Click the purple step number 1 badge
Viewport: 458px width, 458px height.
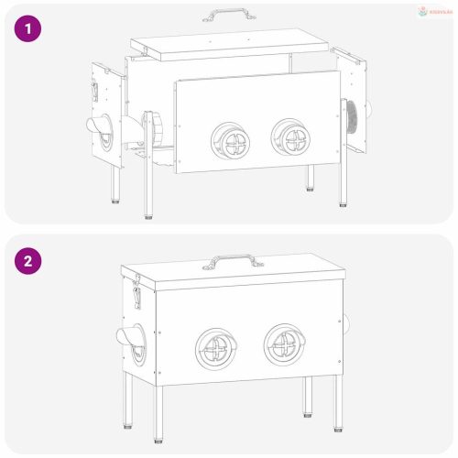point(30,29)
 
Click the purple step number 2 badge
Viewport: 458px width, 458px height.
point(30,260)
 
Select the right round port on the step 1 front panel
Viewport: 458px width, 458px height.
point(292,137)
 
